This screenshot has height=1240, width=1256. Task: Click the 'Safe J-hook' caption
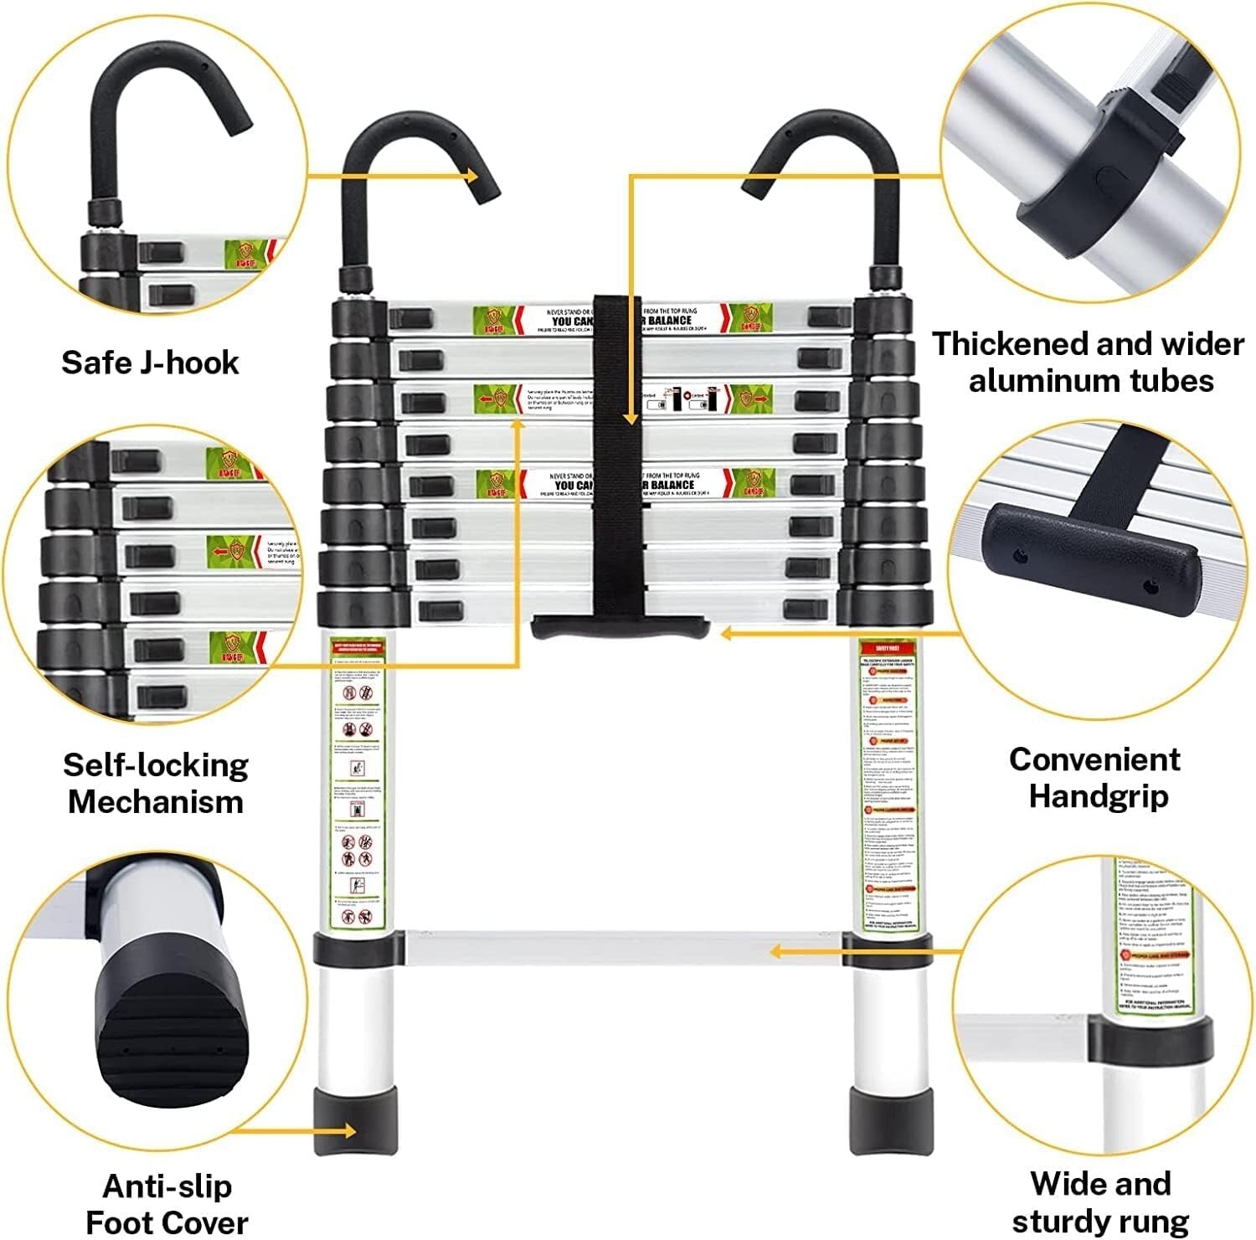click(x=150, y=363)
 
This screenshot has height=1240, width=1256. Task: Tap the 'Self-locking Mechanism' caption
click(x=156, y=783)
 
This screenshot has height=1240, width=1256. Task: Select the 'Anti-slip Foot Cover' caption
click(x=167, y=1203)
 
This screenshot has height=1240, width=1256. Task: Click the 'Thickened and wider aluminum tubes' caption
click(x=1089, y=362)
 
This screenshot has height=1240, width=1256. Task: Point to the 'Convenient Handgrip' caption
click(x=1095, y=777)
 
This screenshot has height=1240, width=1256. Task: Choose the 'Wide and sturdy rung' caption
click(x=1100, y=1201)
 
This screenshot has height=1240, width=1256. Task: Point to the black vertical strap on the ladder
click(x=617, y=452)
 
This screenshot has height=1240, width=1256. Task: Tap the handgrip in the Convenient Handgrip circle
click(x=1097, y=561)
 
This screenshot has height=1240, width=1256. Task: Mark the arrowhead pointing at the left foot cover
click(x=349, y=1131)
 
